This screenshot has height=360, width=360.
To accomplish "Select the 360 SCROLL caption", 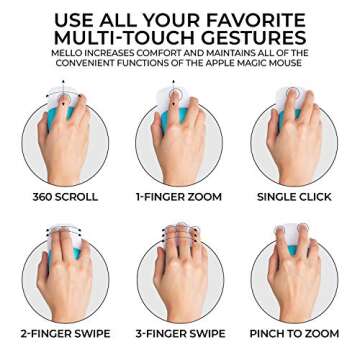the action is click(x=65, y=197).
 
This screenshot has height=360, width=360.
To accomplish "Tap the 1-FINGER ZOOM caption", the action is click(x=179, y=197).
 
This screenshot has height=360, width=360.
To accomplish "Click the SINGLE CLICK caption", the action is click(x=294, y=197).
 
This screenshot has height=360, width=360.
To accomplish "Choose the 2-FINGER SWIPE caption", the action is click(x=65, y=333).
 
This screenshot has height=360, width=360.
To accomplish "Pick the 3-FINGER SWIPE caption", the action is click(x=180, y=333).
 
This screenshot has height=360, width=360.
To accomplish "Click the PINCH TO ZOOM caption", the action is click(x=294, y=333).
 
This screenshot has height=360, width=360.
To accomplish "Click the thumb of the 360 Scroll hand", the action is click(x=43, y=128).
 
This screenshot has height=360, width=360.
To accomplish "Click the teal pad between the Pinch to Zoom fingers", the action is click(x=293, y=249).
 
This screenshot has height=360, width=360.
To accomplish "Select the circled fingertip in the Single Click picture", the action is click(x=293, y=92).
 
